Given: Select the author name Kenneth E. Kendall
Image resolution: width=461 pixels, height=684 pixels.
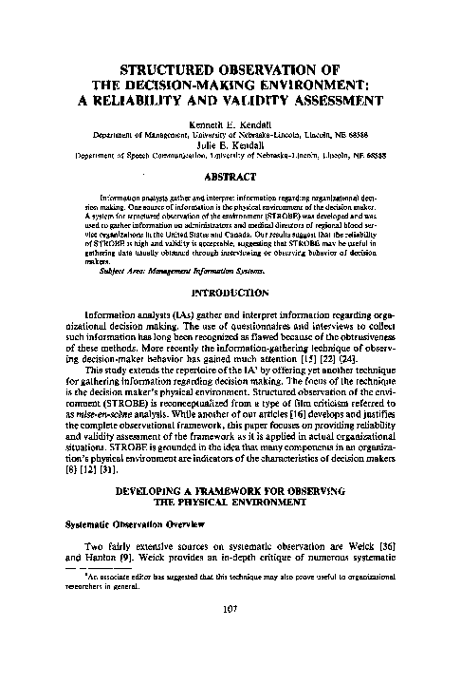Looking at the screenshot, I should pos(230,125).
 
